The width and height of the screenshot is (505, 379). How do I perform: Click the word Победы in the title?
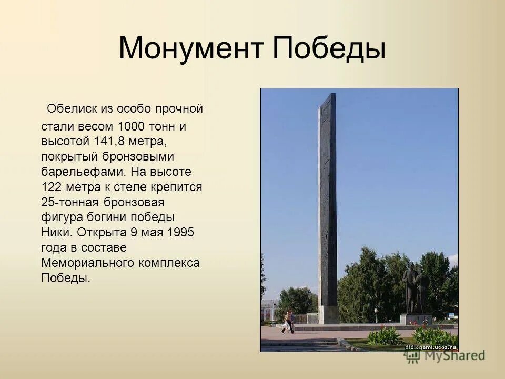click(329, 48)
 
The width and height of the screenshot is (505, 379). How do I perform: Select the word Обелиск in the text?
click(68, 109)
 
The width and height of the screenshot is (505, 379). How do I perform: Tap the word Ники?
click(55, 232)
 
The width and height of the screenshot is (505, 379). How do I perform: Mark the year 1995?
click(181, 232)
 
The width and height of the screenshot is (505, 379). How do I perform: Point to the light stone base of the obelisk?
click(328, 314)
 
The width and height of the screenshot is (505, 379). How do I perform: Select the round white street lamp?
click(376, 310)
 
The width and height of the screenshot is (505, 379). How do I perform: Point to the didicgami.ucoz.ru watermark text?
click(430, 347)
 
